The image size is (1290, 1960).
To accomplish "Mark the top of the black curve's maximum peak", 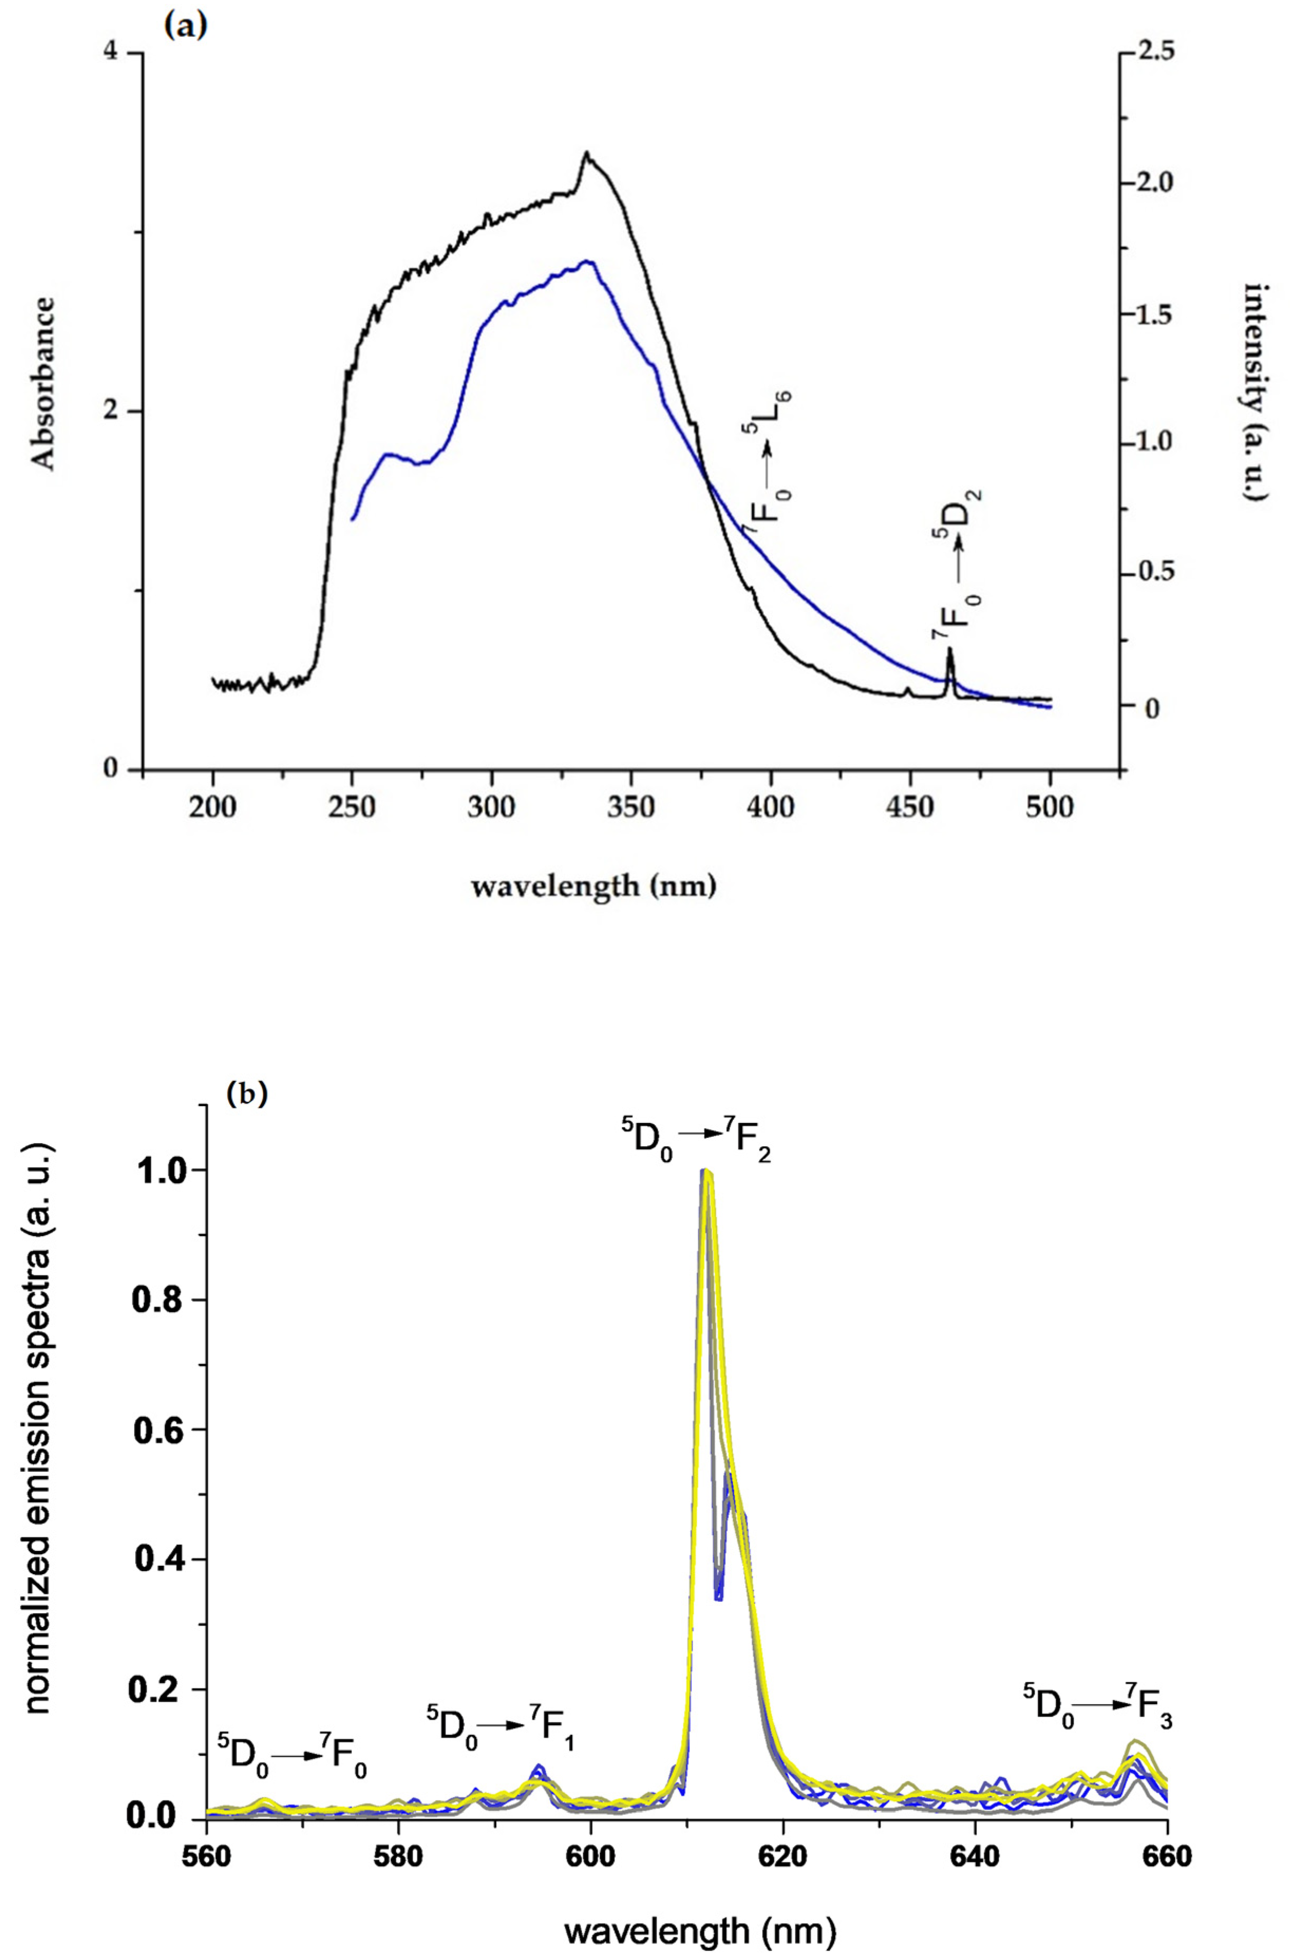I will click(586, 153).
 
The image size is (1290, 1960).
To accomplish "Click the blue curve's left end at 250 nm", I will click(353, 519).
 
